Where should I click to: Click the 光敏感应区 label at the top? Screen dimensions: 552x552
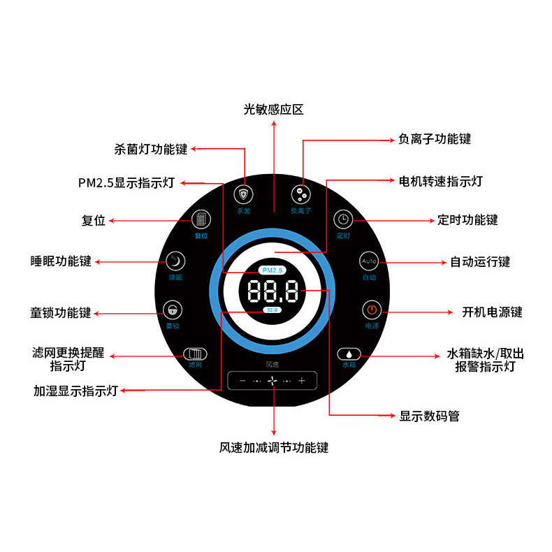click(x=273, y=110)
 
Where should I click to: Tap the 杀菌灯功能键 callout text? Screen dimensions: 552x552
click(x=151, y=149)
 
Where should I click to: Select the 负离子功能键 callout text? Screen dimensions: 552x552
click(x=435, y=139)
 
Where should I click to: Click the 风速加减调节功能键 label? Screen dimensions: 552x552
click(x=273, y=447)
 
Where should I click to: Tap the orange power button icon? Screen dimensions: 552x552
click(x=371, y=310)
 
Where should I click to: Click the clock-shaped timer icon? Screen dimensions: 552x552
click(x=343, y=219)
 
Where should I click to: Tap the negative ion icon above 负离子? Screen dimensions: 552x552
click(x=300, y=194)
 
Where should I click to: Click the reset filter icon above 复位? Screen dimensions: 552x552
click(x=201, y=219)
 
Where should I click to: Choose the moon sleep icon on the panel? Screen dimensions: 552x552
click(x=175, y=261)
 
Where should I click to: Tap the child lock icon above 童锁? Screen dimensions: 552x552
click(x=172, y=310)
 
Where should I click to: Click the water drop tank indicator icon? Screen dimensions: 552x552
click(x=348, y=354)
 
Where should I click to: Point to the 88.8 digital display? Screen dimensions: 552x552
click(x=273, y=290)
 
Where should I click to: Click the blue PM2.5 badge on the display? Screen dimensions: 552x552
click(x=271, y=270)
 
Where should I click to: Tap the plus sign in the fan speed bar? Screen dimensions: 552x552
click(x=302, y=381)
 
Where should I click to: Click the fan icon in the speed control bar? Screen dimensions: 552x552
click(x=273, y=381)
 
